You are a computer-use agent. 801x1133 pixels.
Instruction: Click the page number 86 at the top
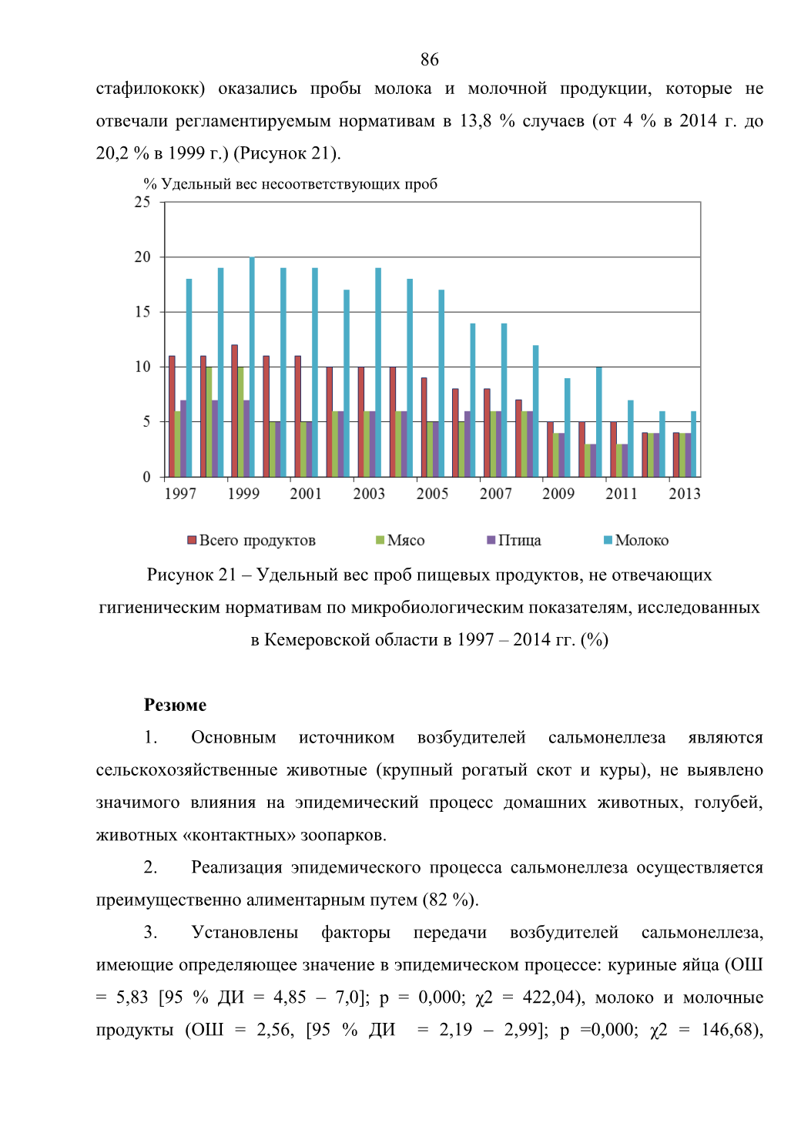429,59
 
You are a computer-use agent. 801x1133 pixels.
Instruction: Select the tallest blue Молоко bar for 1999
252,367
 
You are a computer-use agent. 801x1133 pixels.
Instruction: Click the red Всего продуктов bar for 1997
172,416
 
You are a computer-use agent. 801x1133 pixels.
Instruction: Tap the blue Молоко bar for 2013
693,444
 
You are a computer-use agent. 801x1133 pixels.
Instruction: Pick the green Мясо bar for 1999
240,422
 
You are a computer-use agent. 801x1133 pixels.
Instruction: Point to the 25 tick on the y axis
142,203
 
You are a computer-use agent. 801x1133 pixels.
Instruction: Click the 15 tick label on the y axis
142,312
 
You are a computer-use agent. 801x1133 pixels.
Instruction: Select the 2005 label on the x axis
432,494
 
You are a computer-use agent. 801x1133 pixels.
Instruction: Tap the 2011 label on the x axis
622,494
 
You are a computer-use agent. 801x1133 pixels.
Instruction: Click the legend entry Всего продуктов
251,540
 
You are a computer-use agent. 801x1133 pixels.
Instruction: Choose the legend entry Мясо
400,540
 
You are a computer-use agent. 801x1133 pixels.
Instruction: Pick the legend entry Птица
514,540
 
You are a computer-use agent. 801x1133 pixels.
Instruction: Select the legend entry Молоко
636,540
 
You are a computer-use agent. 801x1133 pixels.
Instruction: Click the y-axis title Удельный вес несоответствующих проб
299,184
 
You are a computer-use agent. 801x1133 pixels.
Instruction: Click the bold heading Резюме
175,705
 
